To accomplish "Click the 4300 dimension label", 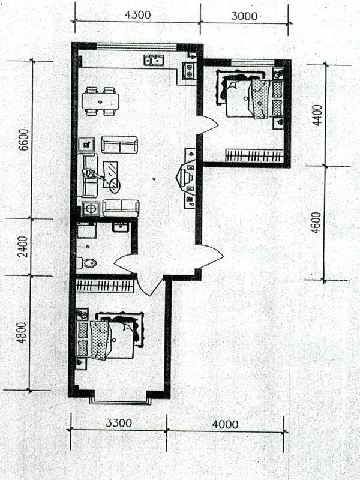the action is tap(138, 14).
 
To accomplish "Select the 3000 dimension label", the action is tap(244, 16).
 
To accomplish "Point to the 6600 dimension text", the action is tap(23, 140).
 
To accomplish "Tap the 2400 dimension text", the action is tap(23, 247).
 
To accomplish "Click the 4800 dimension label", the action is tap(22, 332).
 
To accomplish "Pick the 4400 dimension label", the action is tap(317, 115).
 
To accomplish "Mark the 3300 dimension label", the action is tap(119, 423).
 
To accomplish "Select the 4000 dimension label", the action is tap(225, 425).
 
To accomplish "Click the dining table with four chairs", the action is tap(100, 101).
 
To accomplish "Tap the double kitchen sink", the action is tap(154, 61).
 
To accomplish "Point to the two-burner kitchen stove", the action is tap(189, 71).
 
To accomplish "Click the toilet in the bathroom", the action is tap(86, 263).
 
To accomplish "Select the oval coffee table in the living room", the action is tap(115, 185).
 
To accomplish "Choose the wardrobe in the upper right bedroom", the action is tap(254, 155).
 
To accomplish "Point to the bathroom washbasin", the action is tap(121, 227).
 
